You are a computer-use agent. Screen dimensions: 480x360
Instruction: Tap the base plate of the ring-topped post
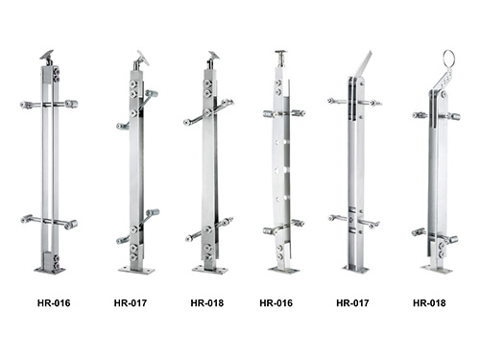click(437, 270)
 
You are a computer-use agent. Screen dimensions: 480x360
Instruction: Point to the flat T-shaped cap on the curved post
click(280, 52)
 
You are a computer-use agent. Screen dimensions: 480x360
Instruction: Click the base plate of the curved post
click(284, 270)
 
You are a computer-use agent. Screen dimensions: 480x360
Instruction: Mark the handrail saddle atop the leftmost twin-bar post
click(47, 55)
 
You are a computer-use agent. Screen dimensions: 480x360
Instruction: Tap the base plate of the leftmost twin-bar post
click(50, 271)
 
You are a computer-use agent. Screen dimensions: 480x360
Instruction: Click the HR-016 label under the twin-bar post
click(54, 302)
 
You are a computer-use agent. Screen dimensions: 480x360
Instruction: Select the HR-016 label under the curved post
click(276, 302)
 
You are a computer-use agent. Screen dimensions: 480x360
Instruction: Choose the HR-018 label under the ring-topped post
click(429, 302)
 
